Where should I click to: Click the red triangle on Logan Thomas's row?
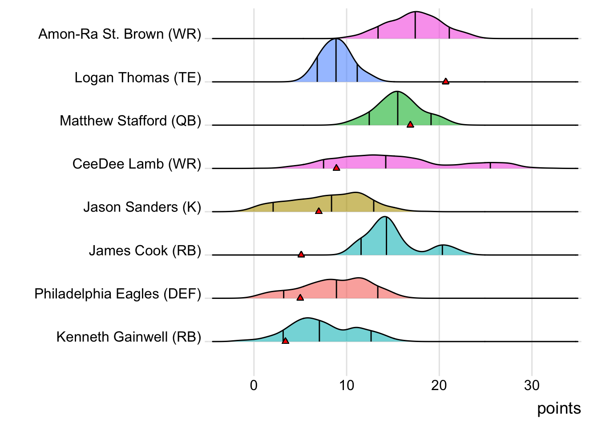click(445, 81)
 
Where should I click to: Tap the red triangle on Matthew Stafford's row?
click(410, 125)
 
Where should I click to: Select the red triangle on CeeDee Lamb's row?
click(336, 168)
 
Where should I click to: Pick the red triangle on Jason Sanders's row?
click(319, 211)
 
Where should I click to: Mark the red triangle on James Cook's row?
click(301, 254)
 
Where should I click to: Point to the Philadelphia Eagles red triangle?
click(300, 298)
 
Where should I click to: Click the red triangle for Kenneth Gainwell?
click(285, 341)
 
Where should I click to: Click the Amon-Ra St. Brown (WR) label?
click(120, 34)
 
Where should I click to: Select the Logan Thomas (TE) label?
click(138, 78)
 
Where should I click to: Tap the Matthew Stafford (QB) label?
click(130, 121)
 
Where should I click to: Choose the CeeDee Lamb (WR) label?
click(137, 164)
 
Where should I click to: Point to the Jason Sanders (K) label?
click(142, 207)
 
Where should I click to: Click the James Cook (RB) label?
click(145, 251)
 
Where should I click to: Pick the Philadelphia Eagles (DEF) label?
click(118, 294)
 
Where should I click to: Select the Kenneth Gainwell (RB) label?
click(129, 337)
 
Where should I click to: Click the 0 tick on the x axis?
click(254, 385)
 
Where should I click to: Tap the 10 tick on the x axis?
click(347, 385)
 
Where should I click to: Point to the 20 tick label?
click(439, 385)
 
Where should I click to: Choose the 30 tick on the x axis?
click(532, 385)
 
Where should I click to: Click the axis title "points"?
click(559, 408)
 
